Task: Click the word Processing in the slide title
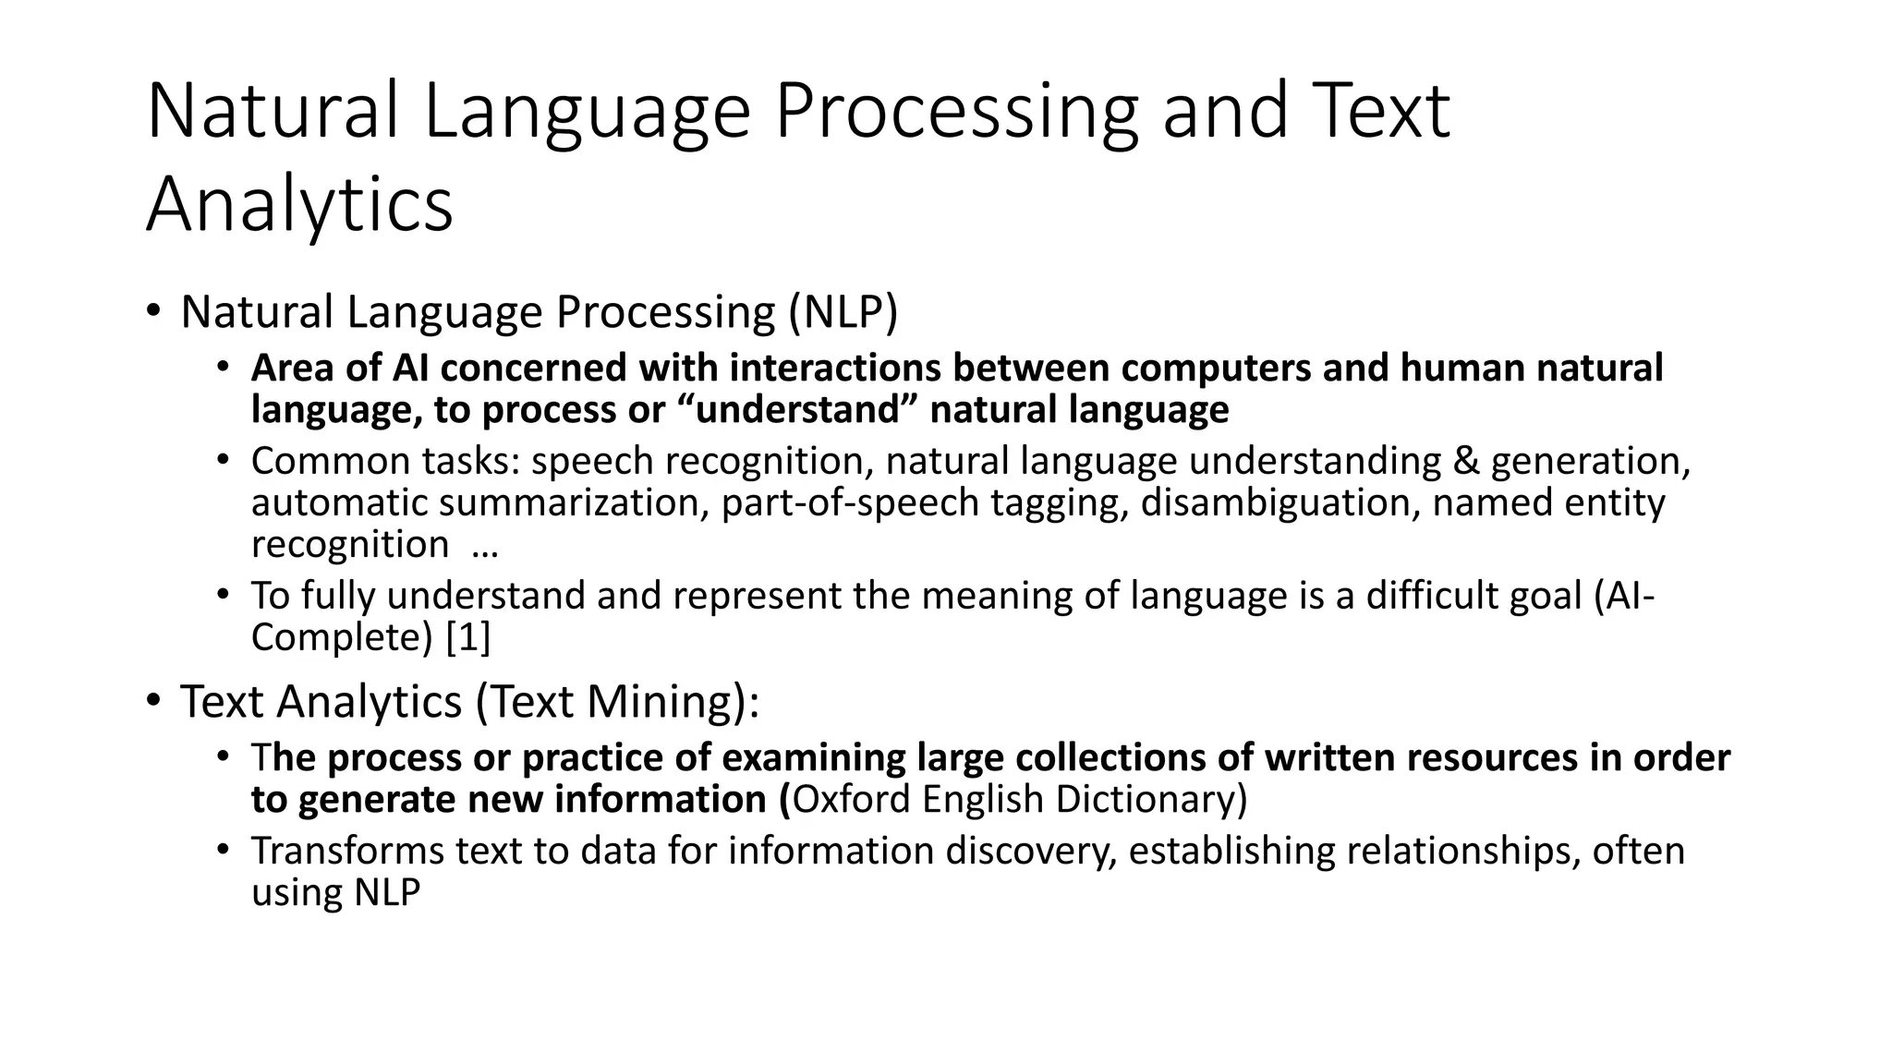pyautogui.click(x=956, y=113)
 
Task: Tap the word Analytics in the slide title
pyautogui.click(x=299, y=205)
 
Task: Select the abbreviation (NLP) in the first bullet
pyautogui.click(x=843, y=312)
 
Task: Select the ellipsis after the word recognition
pyautogui.click(x=484, y=546)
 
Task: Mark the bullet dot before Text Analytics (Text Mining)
pyautogui.click(x=152, y=699)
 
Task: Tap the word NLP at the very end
pyautogui.click(x=386, y=893)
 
